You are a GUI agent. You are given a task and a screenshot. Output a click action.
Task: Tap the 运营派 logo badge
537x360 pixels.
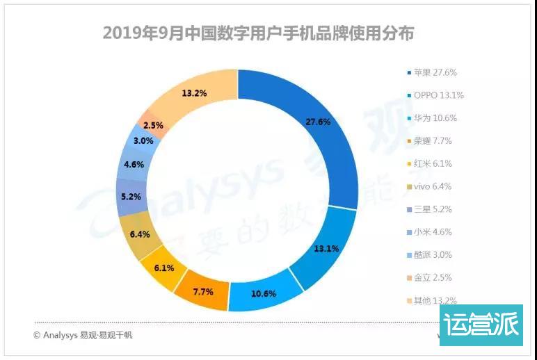coord(480,326)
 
